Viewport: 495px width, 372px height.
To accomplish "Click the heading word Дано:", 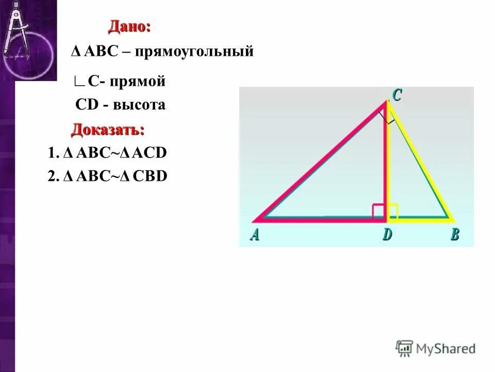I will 129,26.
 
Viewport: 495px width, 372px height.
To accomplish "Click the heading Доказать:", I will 108,129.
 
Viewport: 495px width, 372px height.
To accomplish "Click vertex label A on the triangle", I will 255,235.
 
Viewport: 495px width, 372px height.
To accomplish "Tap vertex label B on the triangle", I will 454,235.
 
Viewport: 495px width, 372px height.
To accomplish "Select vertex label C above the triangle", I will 397,95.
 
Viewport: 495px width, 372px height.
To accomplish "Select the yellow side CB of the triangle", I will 420,160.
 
